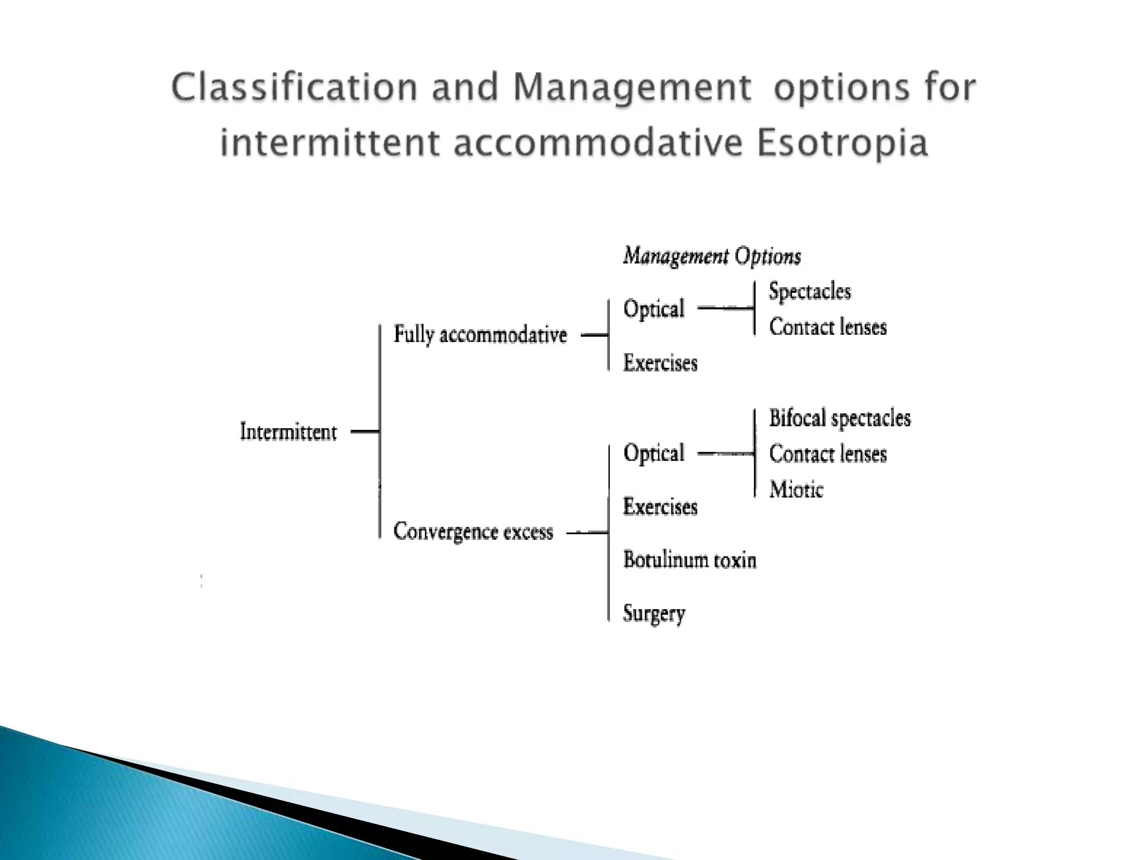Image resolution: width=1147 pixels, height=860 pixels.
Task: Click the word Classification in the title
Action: [295, 88]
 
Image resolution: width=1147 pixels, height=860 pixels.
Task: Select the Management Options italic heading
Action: [712, 256]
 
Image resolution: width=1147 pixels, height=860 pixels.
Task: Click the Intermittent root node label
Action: [288, 432]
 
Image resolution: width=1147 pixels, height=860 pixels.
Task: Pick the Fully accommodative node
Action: [480, 335]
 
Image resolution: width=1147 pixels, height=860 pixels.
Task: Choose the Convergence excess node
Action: [473, 531]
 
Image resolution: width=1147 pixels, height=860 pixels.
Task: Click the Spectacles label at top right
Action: [809, 291]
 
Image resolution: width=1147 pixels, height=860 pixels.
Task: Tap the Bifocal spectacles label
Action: [840, 418]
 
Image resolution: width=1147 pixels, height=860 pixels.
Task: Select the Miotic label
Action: [796, 490]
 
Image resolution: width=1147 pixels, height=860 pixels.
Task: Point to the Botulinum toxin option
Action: [689, 560]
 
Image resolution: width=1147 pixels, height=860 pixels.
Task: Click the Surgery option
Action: [654, 614]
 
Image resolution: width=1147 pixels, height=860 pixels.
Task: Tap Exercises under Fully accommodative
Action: [660, 363]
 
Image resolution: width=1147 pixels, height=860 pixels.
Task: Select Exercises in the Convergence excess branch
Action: [660, 507]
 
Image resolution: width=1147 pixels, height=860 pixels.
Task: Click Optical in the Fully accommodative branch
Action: [654, 309]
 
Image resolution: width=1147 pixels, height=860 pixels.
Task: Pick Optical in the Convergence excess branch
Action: [654, 453]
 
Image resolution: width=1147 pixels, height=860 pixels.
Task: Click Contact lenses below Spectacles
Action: [827, 327]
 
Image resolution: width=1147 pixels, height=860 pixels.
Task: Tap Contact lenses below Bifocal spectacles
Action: [827, 454]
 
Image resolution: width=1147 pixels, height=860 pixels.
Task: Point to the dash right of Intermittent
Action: [365, 431]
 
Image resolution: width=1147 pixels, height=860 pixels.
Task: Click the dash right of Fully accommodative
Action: [594, 335]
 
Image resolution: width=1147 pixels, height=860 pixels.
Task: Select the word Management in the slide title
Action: [632, 88]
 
